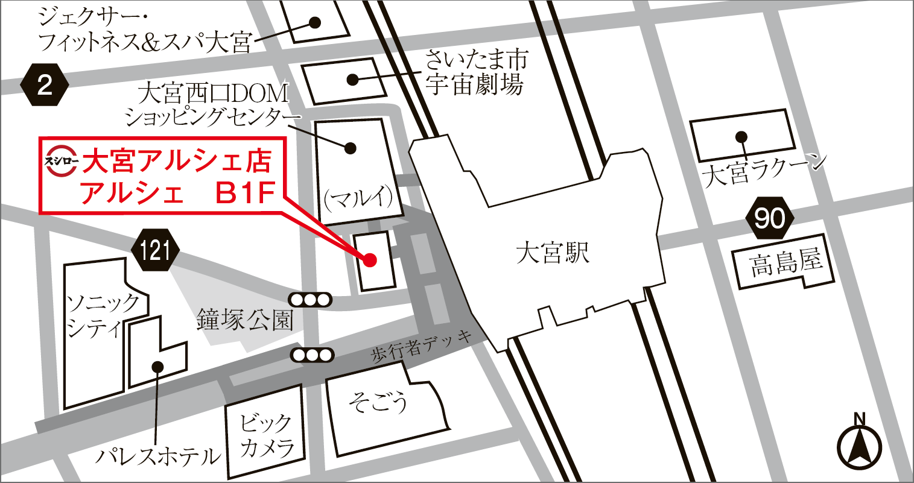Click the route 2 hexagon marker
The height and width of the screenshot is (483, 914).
click(x=45, y=86)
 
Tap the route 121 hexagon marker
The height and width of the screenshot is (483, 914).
click(x=156, y=249)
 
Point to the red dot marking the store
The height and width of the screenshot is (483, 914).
click(x=370, y=260)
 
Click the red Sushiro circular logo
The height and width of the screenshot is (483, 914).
click(x=62, y=161)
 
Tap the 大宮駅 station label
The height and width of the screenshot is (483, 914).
click(x=552, y=253)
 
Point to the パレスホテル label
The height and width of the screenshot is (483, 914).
click(x=158, y=456)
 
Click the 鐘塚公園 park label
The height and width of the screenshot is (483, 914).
click(x=245, y=320)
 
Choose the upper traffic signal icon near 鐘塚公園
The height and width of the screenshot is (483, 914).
click(x=310, y=298)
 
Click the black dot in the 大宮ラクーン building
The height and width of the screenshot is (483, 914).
click(x=741, y=136)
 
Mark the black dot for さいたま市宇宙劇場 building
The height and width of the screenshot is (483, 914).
click(x=352, y=79)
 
